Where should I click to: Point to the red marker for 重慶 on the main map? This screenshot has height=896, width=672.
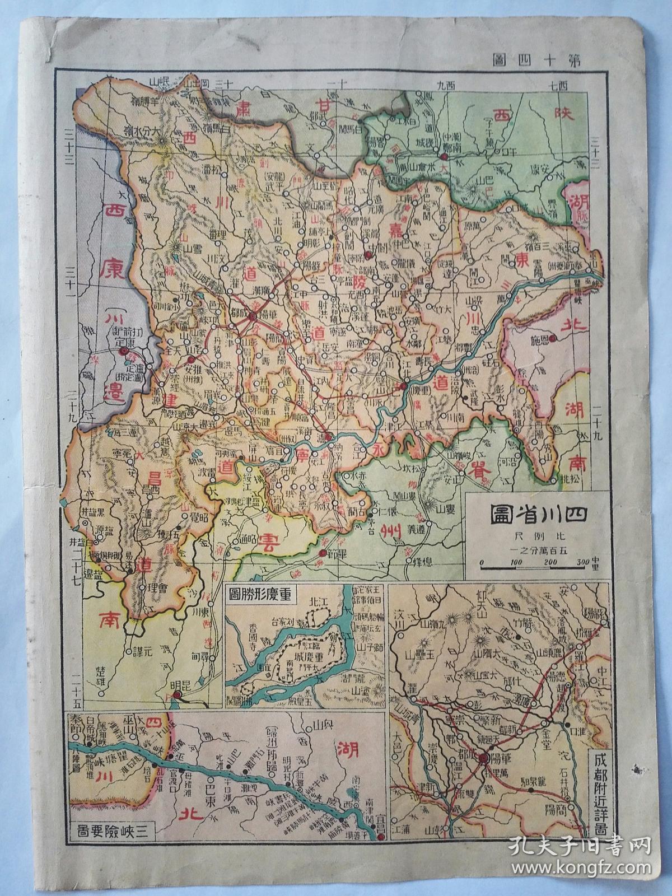point(403,386)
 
